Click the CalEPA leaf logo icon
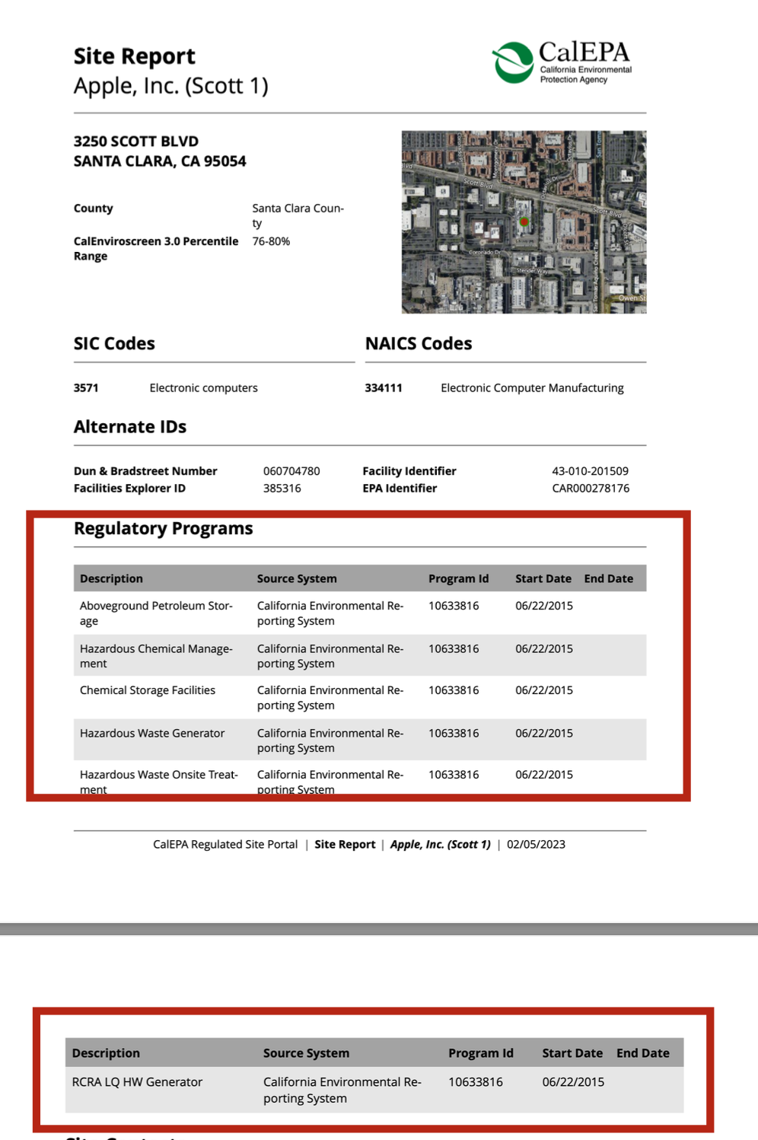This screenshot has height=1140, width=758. click(513, 62)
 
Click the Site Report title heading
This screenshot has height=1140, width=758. click(134, 56)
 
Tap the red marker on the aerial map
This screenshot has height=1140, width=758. click(524, 222)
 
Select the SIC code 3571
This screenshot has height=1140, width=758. click(86, 388)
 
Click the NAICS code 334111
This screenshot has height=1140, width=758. click(384, 388)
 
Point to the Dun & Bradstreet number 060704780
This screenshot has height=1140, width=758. click(291, 471)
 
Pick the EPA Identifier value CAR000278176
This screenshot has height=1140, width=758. click(591, 489)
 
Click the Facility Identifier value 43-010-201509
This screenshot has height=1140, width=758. click(590, 471)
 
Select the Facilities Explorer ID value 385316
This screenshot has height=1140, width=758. click(282, 489)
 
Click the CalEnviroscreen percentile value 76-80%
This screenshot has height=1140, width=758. click(271, 241)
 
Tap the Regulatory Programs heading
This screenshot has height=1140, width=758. click(163, 528)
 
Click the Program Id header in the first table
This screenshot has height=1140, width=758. click(458, 578)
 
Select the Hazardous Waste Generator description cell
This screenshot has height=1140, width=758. click(152, 733)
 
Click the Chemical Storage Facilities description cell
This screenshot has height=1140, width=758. click(148, 690)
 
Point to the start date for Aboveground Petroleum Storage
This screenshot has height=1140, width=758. click(543, 606)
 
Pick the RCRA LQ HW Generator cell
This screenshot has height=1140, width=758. click(137, 1082)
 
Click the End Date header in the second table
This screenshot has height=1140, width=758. click(642, 1053)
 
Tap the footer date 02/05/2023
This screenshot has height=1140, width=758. click(536, 845)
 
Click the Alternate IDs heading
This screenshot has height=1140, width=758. click(130, 427)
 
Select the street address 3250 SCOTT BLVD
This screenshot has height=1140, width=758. click(136, 142)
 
